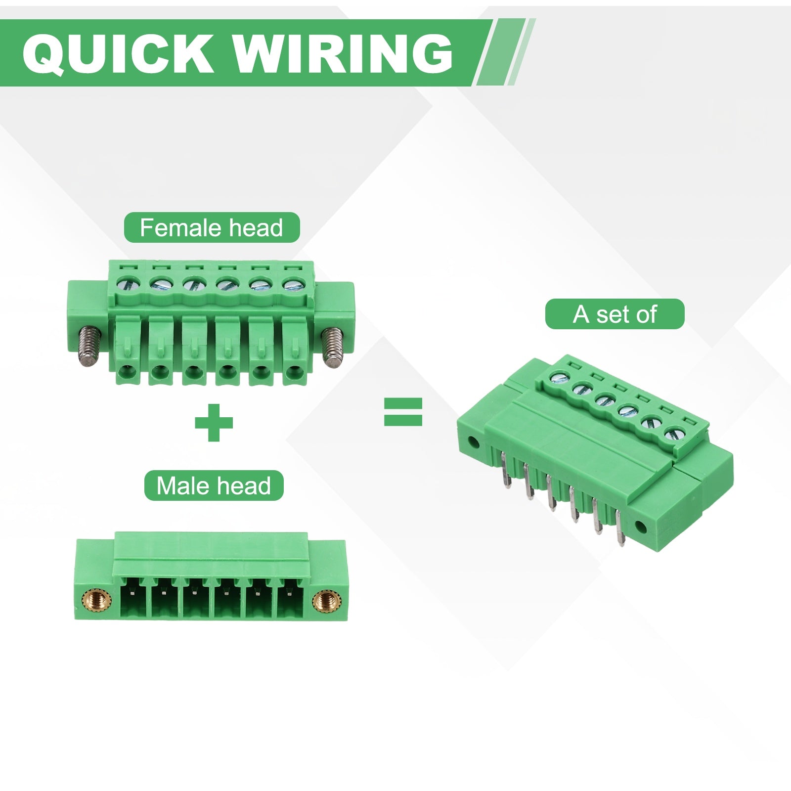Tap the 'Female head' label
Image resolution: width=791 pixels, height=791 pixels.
point(212,227)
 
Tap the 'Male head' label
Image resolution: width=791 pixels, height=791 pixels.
point(214,485)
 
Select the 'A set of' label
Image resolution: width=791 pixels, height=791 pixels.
point(615,314)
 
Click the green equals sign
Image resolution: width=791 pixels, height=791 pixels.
point(403,412)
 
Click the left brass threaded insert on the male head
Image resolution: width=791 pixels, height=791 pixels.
point(93,601)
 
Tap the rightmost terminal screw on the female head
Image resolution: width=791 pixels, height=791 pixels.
point(291,284)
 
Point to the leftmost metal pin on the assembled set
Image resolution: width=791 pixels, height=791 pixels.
point(506,472)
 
